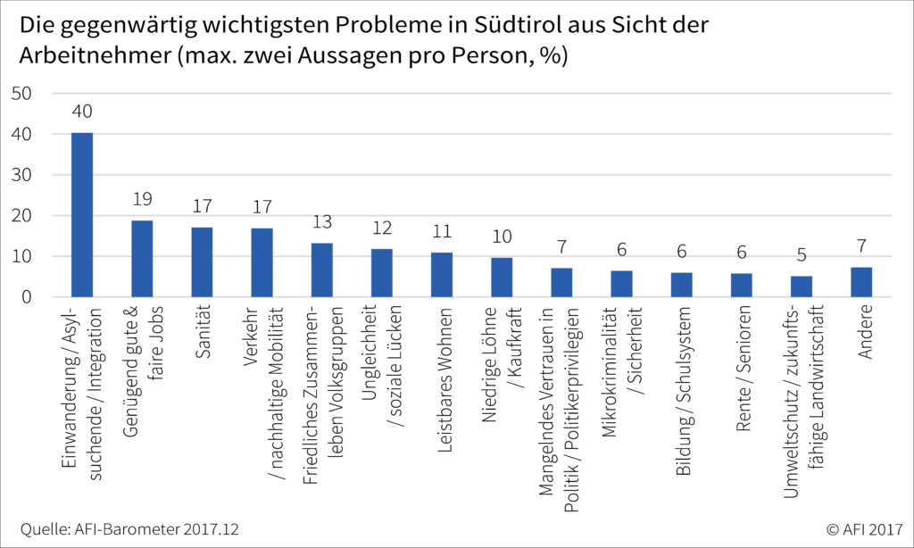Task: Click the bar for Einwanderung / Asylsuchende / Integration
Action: (x=82, y=215)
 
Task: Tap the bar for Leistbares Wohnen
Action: (x=442, y=275)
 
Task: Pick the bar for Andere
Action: (x=861, y=282)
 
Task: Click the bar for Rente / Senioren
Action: (x=742, y=285)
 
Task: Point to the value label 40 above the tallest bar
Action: (x=82, y=112)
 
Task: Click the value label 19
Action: (x=142, y=200)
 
